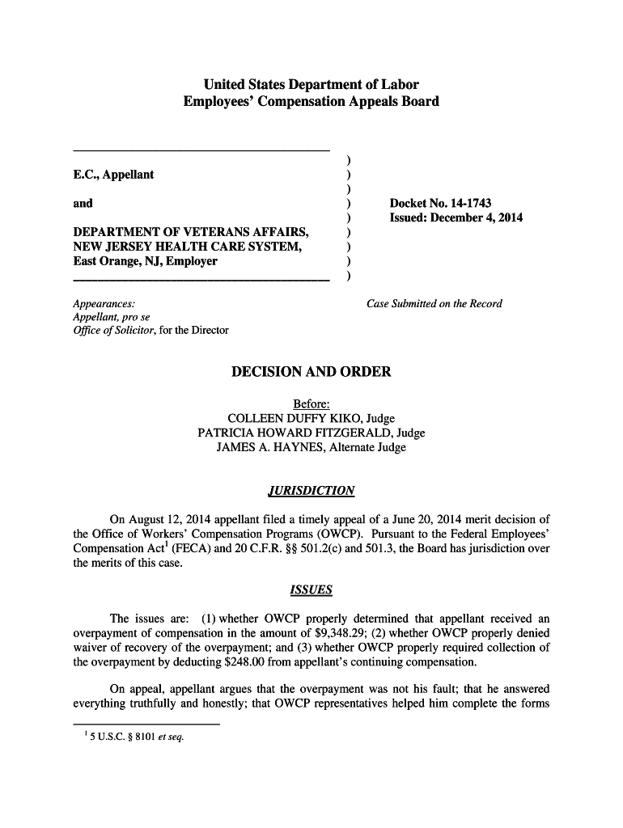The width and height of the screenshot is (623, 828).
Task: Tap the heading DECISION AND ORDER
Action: click(x=311, y=372)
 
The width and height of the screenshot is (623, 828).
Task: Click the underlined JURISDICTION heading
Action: click(x=311, y=491)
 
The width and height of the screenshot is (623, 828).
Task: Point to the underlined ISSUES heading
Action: click(x=311, y=590)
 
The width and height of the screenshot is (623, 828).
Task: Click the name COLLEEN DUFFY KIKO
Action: click(x=295, y=418)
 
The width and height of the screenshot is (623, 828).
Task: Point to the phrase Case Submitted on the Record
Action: click(x=434, y=304)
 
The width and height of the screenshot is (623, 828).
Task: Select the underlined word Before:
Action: click(x=311, y=403)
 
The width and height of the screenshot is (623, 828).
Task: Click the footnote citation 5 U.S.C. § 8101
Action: click(x=117, y=737)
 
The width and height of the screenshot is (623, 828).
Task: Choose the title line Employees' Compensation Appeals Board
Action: click(x=311, y=102)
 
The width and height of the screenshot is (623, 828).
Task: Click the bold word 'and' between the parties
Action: click(x=83, y=203)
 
